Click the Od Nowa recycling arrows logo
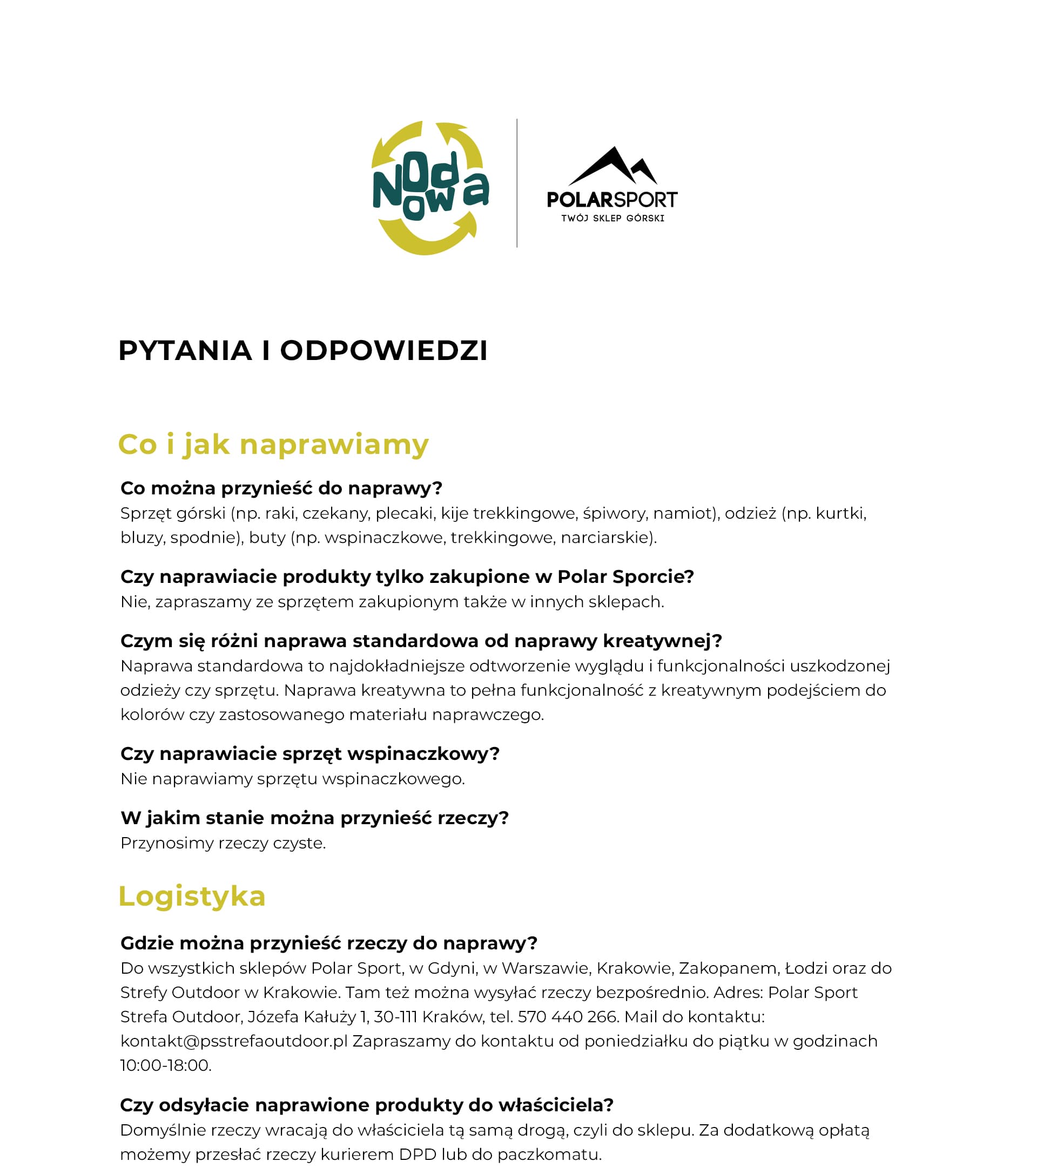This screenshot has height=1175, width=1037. click(429, 188)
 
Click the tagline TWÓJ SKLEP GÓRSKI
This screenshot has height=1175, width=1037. click(612, 219)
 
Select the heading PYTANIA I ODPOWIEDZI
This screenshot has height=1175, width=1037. click(302, 351)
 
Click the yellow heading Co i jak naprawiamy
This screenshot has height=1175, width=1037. click(273, 444)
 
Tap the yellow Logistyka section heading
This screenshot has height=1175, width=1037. click(192, 896)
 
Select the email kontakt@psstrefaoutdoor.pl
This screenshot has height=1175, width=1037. click(233, 1041)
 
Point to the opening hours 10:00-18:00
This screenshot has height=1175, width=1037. click(166, 1065)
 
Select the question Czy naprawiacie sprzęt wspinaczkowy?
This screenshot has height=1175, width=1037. click(309, 753)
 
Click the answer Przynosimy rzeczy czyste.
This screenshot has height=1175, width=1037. click(223, 843)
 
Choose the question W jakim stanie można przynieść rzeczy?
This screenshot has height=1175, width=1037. click(314, 818)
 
